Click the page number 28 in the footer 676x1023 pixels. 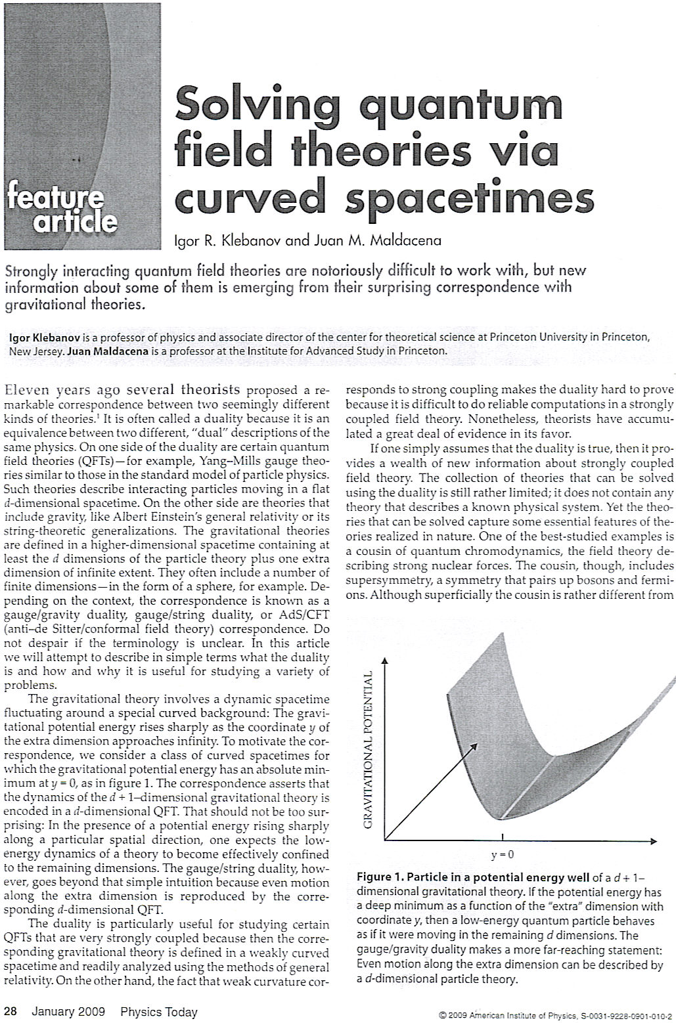point(11,1012)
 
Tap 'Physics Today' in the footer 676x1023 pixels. point(158,1012)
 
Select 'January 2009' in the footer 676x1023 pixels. point(68,1012)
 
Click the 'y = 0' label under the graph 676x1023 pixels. point(502,855)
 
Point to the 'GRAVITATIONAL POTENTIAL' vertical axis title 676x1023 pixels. point(369,749)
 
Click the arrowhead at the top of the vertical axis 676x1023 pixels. point(385,660)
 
